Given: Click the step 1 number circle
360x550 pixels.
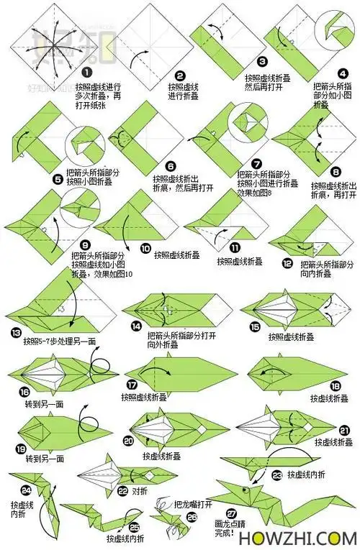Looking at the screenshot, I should [x=86, y=72].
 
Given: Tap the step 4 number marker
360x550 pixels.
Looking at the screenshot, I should [x=343, y=72].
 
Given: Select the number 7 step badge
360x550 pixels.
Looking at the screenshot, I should [x=256, y=163].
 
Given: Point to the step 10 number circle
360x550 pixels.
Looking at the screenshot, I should [x=145, y=248].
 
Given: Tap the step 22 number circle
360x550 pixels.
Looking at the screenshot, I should [x=123, y=491].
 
